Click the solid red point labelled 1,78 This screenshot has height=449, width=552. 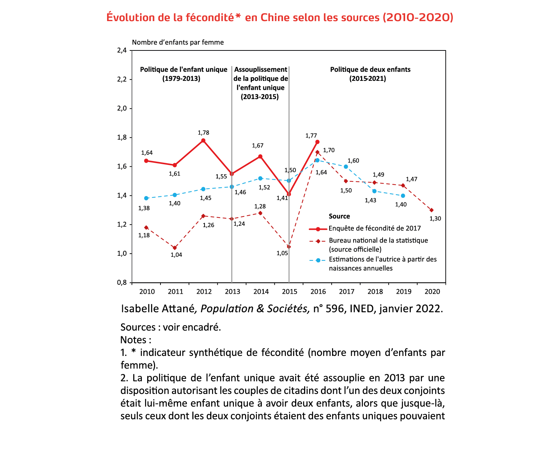203,141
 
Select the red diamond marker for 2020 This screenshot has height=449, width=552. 431,210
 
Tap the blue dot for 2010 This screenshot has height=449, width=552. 146,198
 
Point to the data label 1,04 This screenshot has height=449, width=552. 176,255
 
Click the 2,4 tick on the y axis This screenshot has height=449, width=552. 122,50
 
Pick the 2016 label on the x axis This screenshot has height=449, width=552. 318,292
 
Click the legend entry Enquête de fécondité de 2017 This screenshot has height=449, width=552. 374,228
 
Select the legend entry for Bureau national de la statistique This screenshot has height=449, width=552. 378,240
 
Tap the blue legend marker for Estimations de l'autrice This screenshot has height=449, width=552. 318,260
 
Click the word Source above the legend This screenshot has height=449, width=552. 339,216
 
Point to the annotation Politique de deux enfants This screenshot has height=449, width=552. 370,69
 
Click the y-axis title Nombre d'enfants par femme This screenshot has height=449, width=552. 178,42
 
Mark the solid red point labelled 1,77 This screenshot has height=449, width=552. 317,142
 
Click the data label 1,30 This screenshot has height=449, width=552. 435,219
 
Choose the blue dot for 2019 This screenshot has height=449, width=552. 403,196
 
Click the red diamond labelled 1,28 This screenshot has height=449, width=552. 260,213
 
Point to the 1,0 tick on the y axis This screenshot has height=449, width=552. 122,254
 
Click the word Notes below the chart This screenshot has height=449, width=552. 133,340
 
